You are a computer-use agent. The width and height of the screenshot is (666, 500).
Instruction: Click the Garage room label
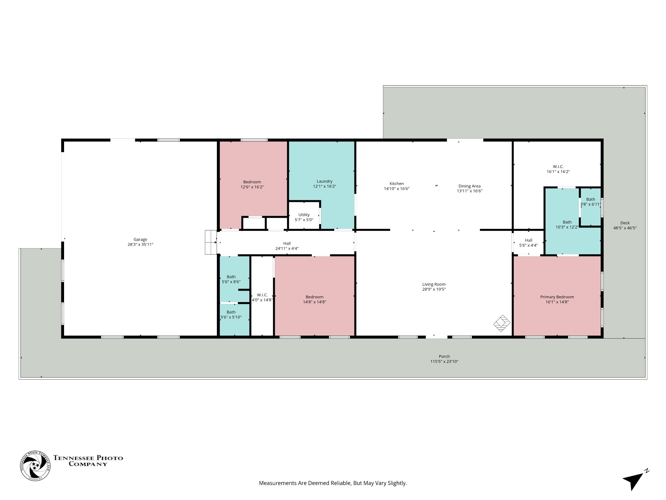click(140, 240)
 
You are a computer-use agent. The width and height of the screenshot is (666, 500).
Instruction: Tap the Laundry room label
click(325, 181)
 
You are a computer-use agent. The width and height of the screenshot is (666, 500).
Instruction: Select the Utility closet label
click(304, 215)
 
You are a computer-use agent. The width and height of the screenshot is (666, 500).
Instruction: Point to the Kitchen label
click(396, 184)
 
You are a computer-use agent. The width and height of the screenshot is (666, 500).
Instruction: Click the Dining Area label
click(470, 186)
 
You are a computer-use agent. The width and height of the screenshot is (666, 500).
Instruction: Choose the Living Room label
click(434, 284)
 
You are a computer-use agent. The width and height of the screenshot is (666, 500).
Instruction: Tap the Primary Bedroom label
click(557, 297)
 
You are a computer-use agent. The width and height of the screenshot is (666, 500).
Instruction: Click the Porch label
click(444, 356)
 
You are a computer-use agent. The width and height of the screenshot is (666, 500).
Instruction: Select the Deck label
click(625, 223)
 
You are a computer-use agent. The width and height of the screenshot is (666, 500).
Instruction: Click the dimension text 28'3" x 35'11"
click(140, 244)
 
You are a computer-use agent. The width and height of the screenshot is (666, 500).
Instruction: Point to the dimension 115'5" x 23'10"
click(444, 361)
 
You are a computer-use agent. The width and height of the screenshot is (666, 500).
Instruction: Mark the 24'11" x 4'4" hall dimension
click(287, 248)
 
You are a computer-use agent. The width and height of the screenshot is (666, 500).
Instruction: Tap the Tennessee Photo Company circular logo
click(35, 466)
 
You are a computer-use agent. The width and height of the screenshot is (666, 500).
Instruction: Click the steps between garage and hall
click(211, 242)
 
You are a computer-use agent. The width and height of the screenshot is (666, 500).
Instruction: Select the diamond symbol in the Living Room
click(502, 323)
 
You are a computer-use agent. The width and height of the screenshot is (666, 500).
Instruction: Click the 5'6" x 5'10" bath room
click(235, 320)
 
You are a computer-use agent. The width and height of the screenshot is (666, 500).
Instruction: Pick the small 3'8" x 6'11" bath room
click(591, 207)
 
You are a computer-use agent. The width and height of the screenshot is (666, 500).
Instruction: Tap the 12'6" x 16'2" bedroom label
click(252, 185)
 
